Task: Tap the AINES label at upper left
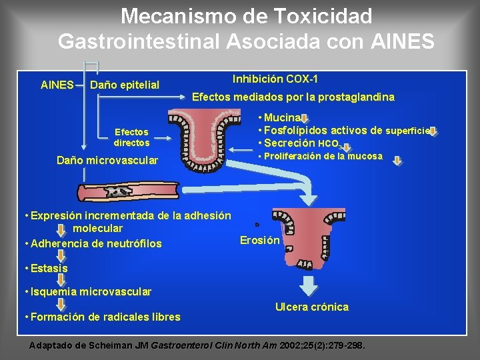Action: click(x=57, y=85)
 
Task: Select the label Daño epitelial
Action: click(x=125, y=85)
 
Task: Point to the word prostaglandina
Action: click(x=359, y=97)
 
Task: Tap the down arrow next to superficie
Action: click(x=433, y=131)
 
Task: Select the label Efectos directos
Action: click(x=131, y=137)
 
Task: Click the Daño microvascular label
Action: click(x=107, y=161)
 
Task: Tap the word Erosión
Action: click(x=259, y=241)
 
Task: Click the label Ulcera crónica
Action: click(x=312, y=307)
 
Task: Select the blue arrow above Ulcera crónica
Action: click(x=309, y=285)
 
